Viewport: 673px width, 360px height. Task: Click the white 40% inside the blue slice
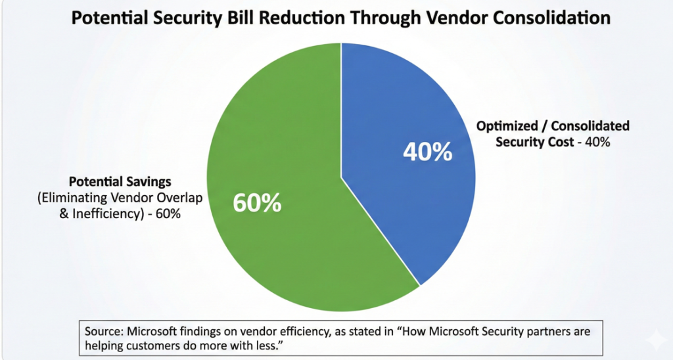(x=427, y=152)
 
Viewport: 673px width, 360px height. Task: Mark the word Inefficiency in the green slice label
(x=115, y=212)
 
